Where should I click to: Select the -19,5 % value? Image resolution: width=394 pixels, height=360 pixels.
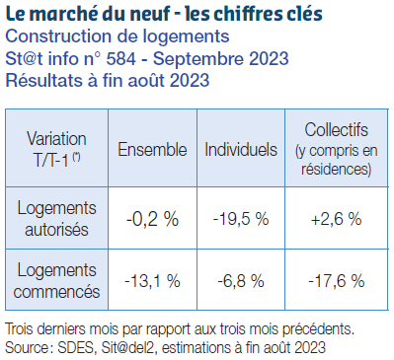click(241, 219)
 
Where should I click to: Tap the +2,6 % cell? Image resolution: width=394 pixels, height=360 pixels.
click(336, 219)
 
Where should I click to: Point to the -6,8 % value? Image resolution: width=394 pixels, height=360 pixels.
click(241, 281)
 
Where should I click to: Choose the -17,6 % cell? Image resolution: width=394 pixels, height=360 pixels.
click(336, 281)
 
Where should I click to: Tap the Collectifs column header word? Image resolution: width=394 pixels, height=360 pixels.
click(337, 129)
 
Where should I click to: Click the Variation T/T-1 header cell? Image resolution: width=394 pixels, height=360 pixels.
click(56, 149)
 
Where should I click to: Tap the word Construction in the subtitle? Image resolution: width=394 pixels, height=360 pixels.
click(52, 37)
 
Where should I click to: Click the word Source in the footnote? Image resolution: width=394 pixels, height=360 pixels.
click(30, 346)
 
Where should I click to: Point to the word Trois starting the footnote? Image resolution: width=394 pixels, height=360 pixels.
click(22, 328)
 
